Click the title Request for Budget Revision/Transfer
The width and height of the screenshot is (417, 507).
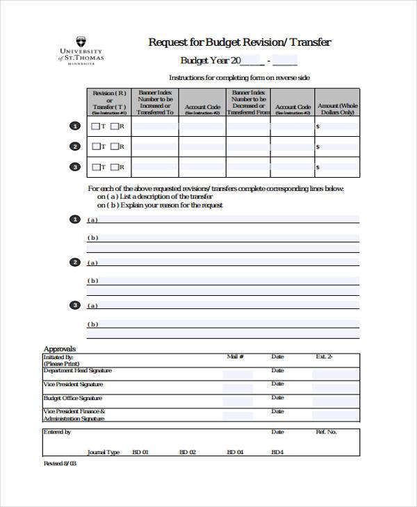(240, 42)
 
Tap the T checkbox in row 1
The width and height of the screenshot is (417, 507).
(96, 126)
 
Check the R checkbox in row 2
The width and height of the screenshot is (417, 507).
(114, 147)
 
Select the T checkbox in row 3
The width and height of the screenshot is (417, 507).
(96, 167)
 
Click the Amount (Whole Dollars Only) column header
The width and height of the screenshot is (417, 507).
(337, 103)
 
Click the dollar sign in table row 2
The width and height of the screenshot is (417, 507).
(318, 147)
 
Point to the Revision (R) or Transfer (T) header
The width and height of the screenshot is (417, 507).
(109, 103)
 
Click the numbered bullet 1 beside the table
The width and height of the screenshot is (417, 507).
(74, 126)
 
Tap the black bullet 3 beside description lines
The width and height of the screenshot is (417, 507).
(74, 305)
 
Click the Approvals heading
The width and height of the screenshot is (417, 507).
(59, 349)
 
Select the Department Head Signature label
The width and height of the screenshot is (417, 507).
(76, 371)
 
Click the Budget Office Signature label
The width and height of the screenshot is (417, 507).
(72, 398)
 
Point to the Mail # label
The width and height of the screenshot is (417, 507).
(235, 357)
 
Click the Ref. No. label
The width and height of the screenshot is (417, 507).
(326, 432)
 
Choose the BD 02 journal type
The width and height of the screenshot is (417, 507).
(188, 452)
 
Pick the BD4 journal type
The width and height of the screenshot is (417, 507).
(277, 452)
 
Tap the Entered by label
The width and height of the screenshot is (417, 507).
(57, 432)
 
